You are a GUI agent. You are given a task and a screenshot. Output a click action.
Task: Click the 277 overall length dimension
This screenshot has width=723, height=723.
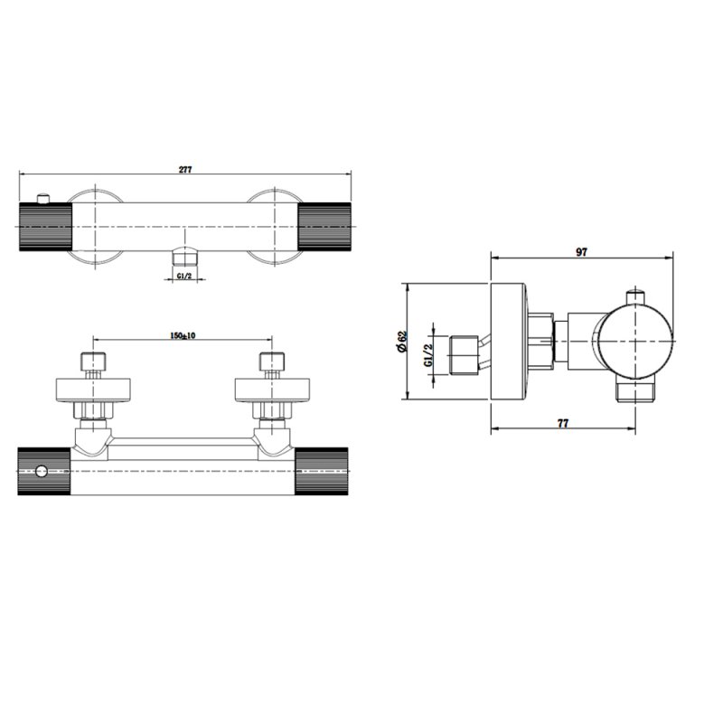click(185, 169)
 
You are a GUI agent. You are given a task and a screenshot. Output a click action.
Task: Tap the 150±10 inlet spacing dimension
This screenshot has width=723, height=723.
click(183, 336)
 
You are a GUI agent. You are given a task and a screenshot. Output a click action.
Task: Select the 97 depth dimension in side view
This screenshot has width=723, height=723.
click(581, 253)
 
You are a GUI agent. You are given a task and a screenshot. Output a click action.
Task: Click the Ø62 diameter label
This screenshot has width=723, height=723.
click(400, 342)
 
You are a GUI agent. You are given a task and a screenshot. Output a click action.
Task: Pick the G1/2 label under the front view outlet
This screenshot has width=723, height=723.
click(183, 276)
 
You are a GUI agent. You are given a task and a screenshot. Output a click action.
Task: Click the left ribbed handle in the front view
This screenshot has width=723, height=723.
click(46, 225)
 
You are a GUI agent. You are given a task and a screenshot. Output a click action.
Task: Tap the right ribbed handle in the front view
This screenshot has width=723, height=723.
click(325, 225)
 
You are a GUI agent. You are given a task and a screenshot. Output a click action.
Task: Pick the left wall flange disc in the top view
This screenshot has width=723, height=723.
click(94, 390)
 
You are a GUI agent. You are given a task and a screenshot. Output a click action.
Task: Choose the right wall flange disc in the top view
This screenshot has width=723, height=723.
click(270, 390)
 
